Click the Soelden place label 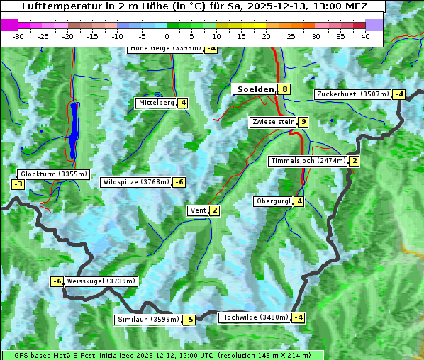pyautogui.click(x=255, y=89)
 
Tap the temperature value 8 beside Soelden pyautogui.click(x=284, y=89)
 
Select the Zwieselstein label pyautogui.click(x=273, y=123)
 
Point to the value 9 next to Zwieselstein pyautogui.click(x=303, y=123)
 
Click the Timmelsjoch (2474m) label pyautogui.click(x=308, y=161)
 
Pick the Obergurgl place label pyautogui.click(x=273, y=201)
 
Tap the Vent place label pyautogui.click(x=198, y=210)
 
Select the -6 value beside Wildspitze pyautogui.click(x=179, y=182)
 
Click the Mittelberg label pyautogui.click(x=156, y=103)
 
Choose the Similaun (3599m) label pyautogui.click(x=147, y=320)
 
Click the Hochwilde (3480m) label pyautogui.click(x=254, y=317)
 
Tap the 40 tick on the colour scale pyautogui.click(x=365, y=36)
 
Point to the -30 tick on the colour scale pyautogui.click(x=18, y=36)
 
